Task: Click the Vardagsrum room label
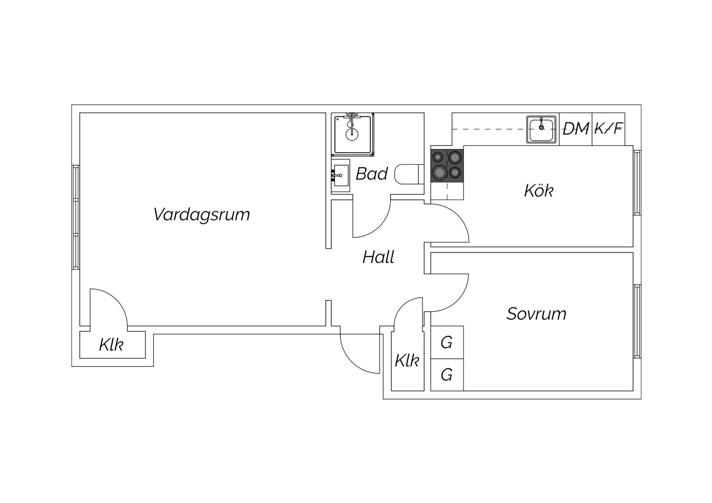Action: tap(201, 215)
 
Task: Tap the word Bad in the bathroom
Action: tap(371, 174)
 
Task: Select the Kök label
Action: tap(539, 190)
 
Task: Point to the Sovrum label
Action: tap(536, 314)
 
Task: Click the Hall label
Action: tap(378, 257)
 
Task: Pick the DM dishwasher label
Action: tap(575, 129)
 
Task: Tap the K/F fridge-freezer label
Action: tap(609, 129)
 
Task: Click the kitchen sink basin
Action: tap(541, 129)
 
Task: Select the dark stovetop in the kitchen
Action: tap(447, 165)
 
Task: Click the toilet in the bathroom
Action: tap(409, 174)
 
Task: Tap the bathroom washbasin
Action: tap(341, 176)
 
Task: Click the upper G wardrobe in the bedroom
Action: tap(447, 342)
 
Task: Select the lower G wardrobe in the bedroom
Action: tap(447, 374)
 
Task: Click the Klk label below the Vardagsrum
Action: tap(111, 345)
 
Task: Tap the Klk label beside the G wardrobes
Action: tap(407, 361)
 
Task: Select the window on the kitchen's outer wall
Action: tap(637, 183)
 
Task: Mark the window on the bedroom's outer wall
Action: tap(637, 321)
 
